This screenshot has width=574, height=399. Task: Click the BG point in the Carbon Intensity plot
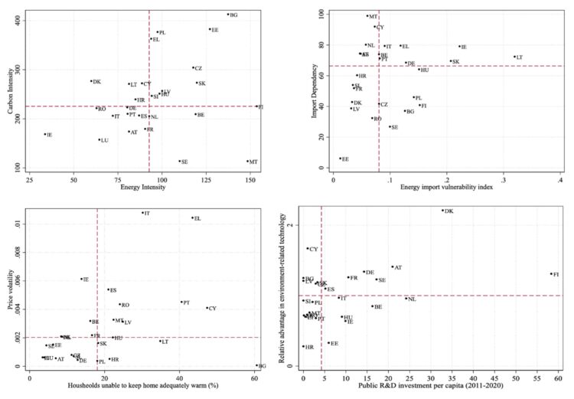[x=227, y=14]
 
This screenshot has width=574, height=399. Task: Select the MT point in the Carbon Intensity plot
[x=248, y=161]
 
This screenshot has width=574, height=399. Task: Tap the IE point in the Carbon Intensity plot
[x=44, y=134]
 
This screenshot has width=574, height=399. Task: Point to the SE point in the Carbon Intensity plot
[x=179, y=161]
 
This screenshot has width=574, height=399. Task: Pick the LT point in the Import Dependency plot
[x=514, y=57]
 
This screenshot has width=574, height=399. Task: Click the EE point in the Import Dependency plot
[x=340, y=159]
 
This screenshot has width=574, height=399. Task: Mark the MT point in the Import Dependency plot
[x=367, y=15]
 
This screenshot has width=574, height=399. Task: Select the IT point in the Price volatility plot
[x=142, y=213]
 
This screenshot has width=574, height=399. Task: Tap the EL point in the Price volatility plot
[x=192, y=217]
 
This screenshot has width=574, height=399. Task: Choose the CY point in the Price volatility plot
[x=207, y=308]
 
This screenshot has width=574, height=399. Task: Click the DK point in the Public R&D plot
[x=442, y=211]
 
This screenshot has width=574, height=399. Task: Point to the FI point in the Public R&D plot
[x=550, y=273]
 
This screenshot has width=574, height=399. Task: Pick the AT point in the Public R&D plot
[x=392, y=267]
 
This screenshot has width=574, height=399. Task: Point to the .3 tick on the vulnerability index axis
[x=504, y=179]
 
